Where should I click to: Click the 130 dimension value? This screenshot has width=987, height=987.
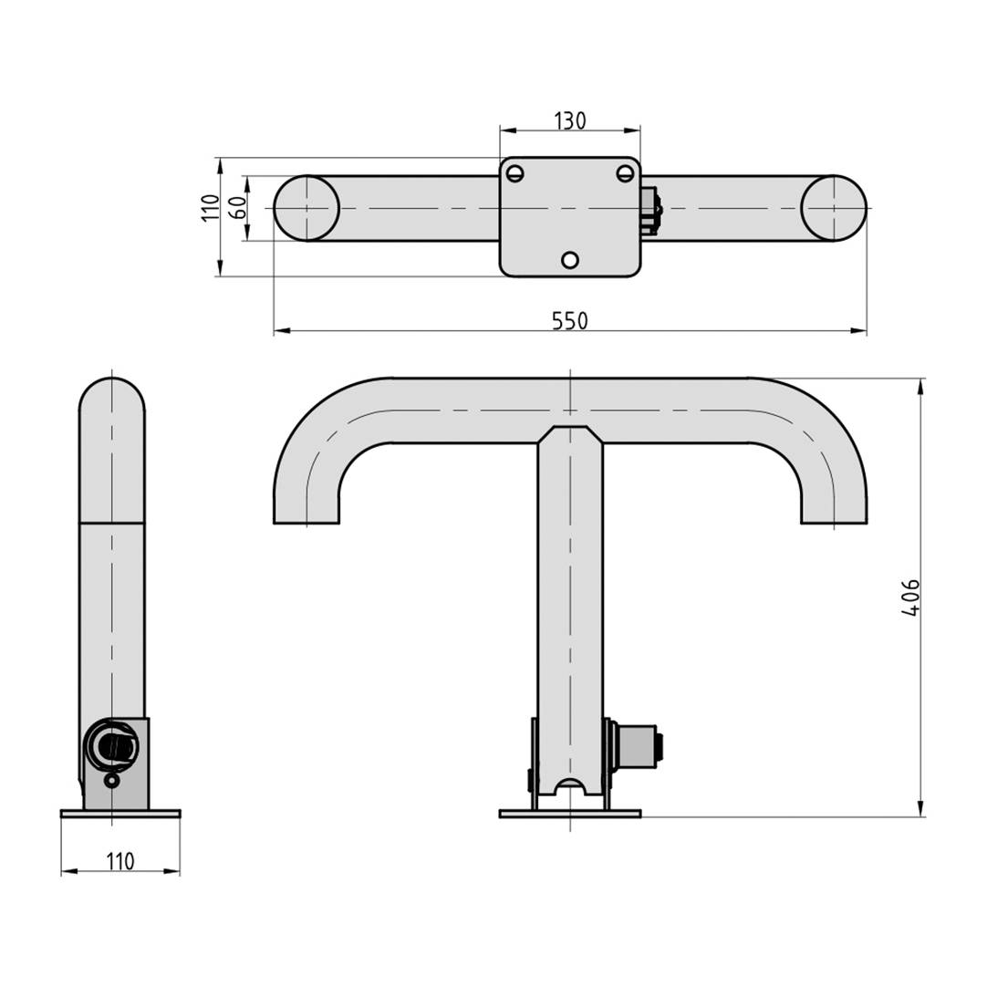tap(570, 120)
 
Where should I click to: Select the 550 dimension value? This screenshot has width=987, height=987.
tap(570, 321)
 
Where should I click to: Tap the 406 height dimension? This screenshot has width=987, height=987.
tap(910, 597)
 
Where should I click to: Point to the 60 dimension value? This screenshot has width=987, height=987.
tap(237, 208)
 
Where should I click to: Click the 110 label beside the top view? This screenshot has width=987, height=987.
tap(211, 208)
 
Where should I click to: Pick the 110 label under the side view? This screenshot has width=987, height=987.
tap(120, 861)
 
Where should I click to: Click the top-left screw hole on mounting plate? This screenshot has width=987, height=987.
tap(515, 173)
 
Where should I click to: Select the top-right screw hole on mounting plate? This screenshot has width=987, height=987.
tap(625, 173)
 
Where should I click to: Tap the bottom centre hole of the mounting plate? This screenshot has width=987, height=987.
tap(570, 260)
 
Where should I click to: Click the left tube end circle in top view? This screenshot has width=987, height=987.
tap(306, 208)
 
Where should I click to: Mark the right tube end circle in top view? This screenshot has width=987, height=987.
tap(834, 208)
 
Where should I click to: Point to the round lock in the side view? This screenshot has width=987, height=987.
tap(112, 746)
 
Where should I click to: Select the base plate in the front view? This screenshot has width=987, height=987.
tap(570, 813)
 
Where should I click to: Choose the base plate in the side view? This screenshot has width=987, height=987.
tap(120, 813)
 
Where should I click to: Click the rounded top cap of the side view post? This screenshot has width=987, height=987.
tap(112, 397)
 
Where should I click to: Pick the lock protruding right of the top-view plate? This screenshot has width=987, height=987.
tap(651, 211)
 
